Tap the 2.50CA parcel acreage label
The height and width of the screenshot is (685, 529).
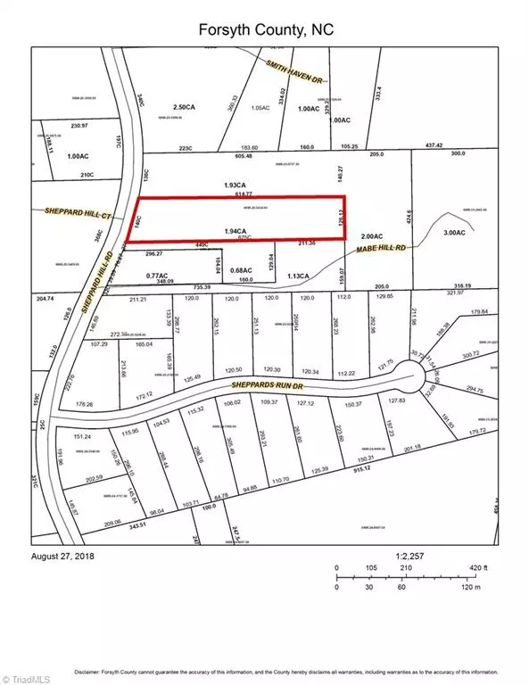[184, 105]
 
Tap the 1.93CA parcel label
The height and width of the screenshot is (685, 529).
[236, 185]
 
